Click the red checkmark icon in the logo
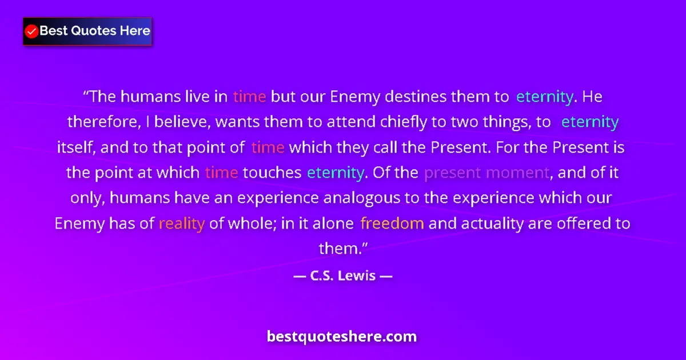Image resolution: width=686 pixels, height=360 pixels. tap(31, 31)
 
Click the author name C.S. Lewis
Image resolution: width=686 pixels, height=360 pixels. tap(342, 276)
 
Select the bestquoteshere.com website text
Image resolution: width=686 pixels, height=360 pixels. tap(342, 336)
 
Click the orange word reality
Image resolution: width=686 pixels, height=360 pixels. tap(181, 223)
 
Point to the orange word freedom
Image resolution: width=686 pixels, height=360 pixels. tap(392, 223)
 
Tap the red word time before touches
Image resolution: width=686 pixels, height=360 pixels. tap(221, 173)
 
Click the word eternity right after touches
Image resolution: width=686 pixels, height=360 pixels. tap(335, 173)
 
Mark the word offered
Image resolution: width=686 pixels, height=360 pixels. tap(577, 223)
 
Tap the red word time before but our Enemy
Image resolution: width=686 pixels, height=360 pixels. tap(249, 97)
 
